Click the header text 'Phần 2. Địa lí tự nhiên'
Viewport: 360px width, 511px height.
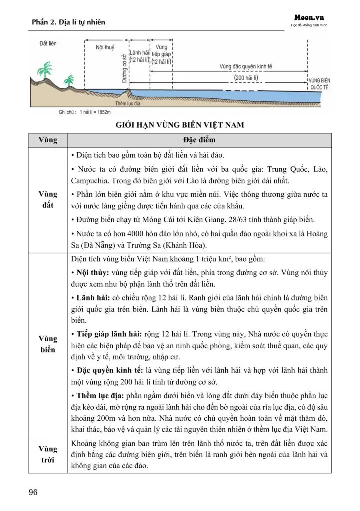pos(68,22)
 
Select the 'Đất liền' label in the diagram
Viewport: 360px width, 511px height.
pos(48,44)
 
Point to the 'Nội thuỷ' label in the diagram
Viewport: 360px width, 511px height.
pos(105,47)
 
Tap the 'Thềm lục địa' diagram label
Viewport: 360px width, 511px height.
pos(126,103)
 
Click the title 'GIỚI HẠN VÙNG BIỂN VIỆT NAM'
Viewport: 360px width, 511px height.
pos(180,125)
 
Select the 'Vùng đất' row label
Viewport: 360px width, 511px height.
pos(48,199)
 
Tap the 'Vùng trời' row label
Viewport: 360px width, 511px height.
pos(48,454)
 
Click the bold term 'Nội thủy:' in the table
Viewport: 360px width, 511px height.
pos(91,273)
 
